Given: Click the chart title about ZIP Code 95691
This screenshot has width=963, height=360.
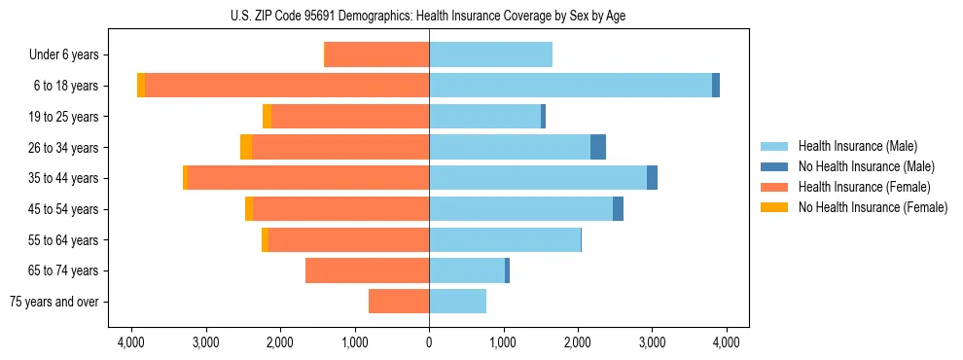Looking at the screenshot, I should [429, 16].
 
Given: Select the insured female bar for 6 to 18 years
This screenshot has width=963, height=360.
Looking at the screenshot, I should [287, 86].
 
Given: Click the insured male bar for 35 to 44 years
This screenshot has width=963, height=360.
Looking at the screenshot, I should [538, 178].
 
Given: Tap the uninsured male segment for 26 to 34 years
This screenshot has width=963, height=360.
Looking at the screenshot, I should [598, 147].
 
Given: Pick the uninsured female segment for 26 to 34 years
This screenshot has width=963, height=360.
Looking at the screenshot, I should [246, 147].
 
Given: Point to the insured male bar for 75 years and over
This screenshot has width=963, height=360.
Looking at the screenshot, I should [457, 302].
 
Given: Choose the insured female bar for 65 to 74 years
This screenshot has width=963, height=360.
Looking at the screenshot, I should [367, 270].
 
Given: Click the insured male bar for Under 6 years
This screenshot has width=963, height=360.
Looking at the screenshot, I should [490, 54].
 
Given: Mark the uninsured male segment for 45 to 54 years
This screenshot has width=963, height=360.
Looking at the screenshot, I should [618, 209].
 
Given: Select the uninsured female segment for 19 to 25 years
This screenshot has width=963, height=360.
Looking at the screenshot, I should [267, 117].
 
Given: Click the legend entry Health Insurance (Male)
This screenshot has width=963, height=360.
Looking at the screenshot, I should [857, 146].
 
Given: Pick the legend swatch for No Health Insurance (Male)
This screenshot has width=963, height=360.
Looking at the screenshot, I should [774, 166].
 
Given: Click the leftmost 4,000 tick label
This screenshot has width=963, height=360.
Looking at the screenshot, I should [131, 342].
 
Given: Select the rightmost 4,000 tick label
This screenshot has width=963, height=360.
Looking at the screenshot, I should [726, 342].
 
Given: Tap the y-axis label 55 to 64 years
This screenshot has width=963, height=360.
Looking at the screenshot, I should [63, 240].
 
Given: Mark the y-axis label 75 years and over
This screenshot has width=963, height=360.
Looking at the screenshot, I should [53, 302].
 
